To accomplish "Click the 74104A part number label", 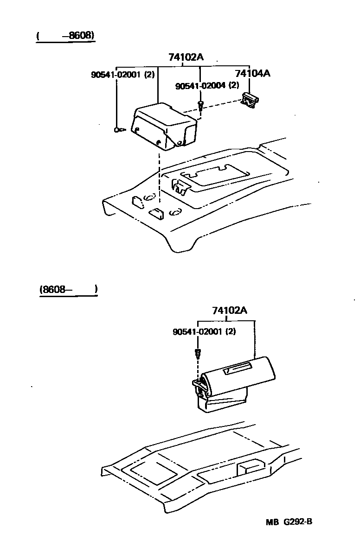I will tap(252, 73).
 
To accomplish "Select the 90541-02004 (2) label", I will tap(207, 86).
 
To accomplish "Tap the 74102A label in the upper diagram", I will tap(186, 57).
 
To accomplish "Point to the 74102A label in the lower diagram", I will tap(230, 311).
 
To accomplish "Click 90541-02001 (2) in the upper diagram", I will tap(122, 74).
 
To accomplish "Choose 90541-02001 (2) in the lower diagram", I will tap(204, 332).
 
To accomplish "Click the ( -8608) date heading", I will tap(65, 35).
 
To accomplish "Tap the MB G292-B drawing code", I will tap(289, 521).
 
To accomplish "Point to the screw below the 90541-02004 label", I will tap(200, 106).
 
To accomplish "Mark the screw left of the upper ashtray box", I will tap(118, 130).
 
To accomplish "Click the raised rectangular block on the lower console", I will tap(250, 468).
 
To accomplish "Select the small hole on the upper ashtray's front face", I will tap(159, 141).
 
